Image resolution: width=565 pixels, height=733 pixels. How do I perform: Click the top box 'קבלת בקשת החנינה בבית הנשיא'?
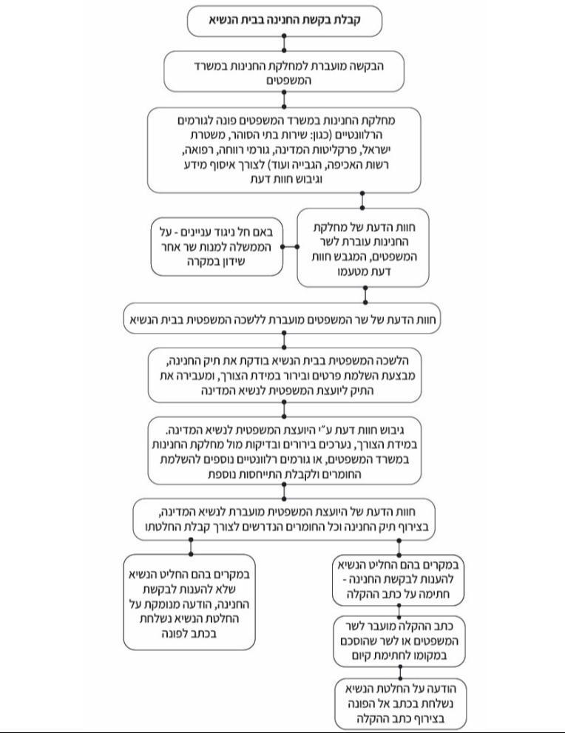(x=284, y=21)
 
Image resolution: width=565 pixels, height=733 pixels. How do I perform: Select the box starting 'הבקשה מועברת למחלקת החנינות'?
(x=284, y=72)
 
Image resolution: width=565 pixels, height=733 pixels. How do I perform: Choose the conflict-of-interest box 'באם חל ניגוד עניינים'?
(x=217, y=246)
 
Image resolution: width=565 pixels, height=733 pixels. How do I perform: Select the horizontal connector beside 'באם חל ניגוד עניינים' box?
(x=290, y=246)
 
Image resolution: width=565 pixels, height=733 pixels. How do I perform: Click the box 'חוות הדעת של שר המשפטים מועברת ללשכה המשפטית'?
(x=282, y=320)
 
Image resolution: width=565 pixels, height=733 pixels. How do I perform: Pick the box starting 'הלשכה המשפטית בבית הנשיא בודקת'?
(x=285, y=375)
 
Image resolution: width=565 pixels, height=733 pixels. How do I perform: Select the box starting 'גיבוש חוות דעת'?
(x=285, y=450)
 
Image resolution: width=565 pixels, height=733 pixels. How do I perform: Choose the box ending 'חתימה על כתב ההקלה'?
(x=398, y=580)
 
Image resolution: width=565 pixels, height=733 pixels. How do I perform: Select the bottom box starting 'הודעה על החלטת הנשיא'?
(x=401, y=703)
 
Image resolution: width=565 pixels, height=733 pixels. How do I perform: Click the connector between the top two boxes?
(x=284, y=44)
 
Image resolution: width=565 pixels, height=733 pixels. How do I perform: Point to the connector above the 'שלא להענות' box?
(x=191, y=547)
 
